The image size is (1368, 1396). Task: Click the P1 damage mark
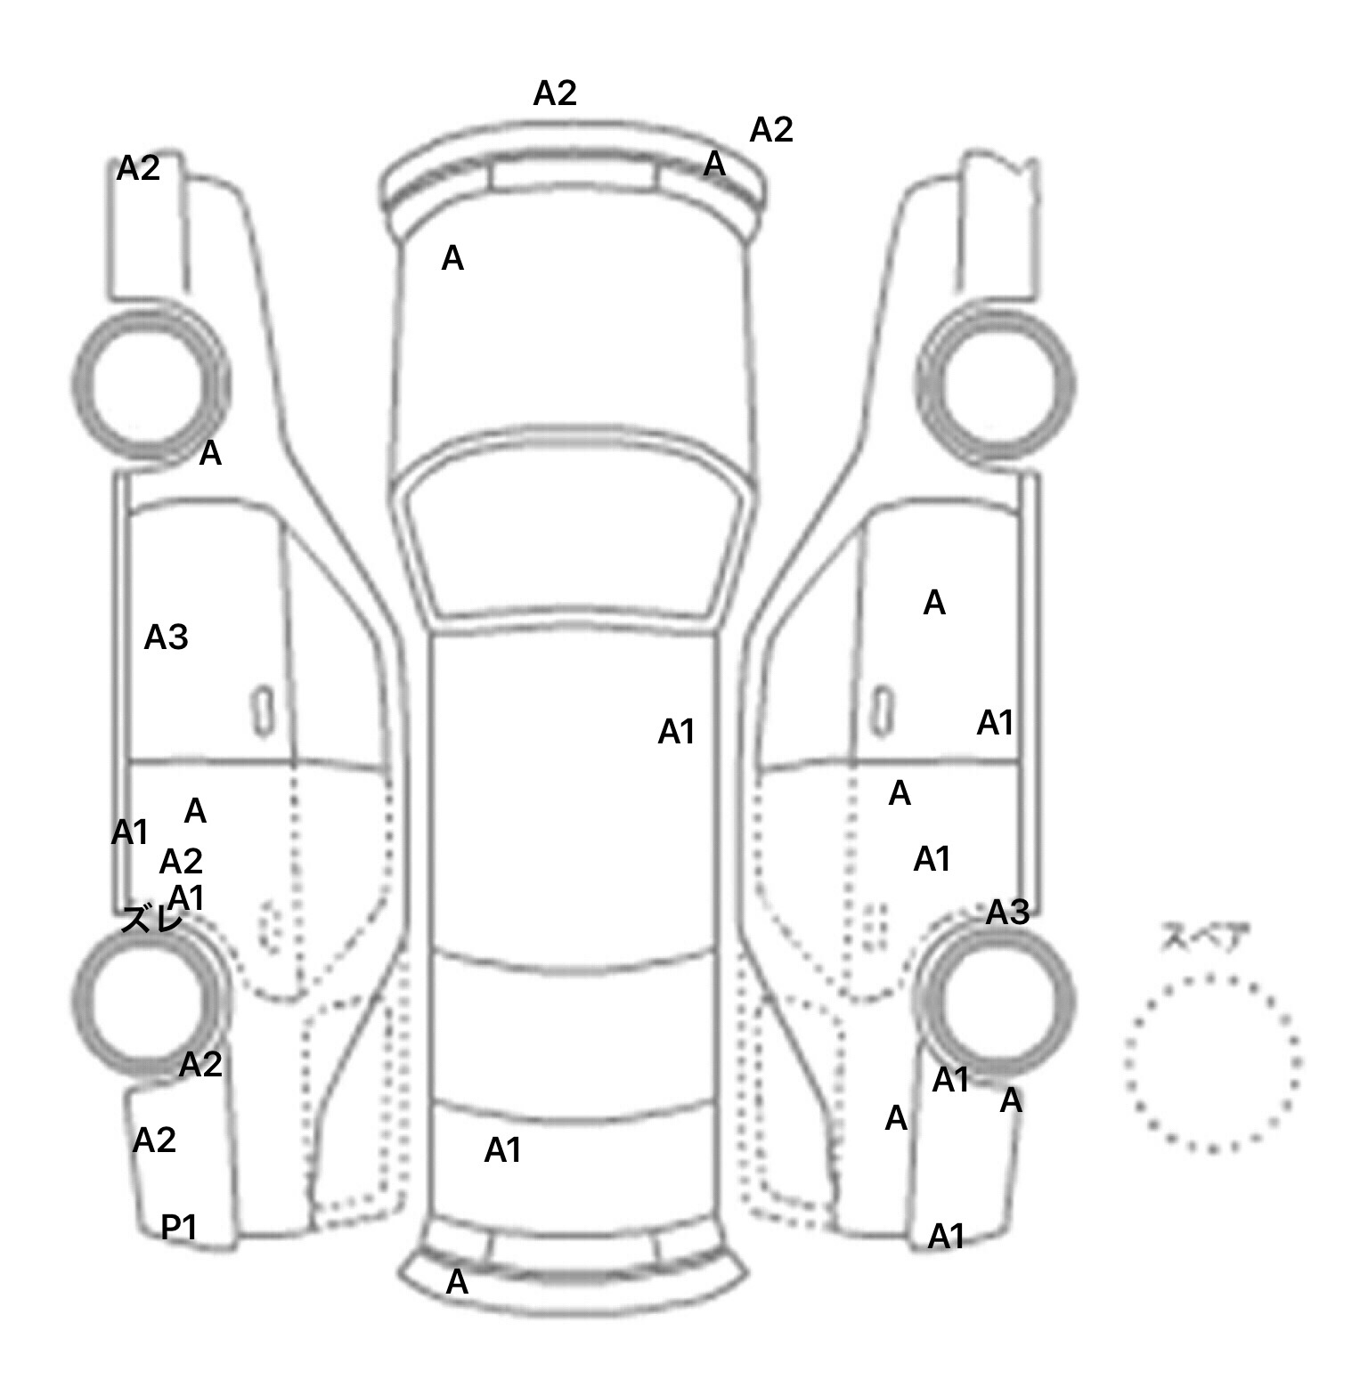point(178,1228)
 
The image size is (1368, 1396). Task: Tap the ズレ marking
point(152,920)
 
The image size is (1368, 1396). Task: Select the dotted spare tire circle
point(1212,1062)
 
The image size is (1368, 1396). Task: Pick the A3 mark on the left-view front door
point(166,637)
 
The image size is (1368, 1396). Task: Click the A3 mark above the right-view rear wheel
point(1007,913)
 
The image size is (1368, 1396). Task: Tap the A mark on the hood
point(452,259)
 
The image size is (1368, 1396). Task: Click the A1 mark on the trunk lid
point(502,1151)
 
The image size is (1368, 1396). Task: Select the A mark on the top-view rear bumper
point(457,1282)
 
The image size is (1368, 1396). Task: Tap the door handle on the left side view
point(262,711)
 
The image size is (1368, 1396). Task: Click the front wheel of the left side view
point(150,384)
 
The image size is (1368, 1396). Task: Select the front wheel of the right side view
point(996,384)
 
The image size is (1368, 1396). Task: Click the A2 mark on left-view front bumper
point(138,168)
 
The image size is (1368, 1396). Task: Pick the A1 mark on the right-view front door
point(995,723)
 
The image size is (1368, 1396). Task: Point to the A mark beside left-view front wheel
point(209,454)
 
